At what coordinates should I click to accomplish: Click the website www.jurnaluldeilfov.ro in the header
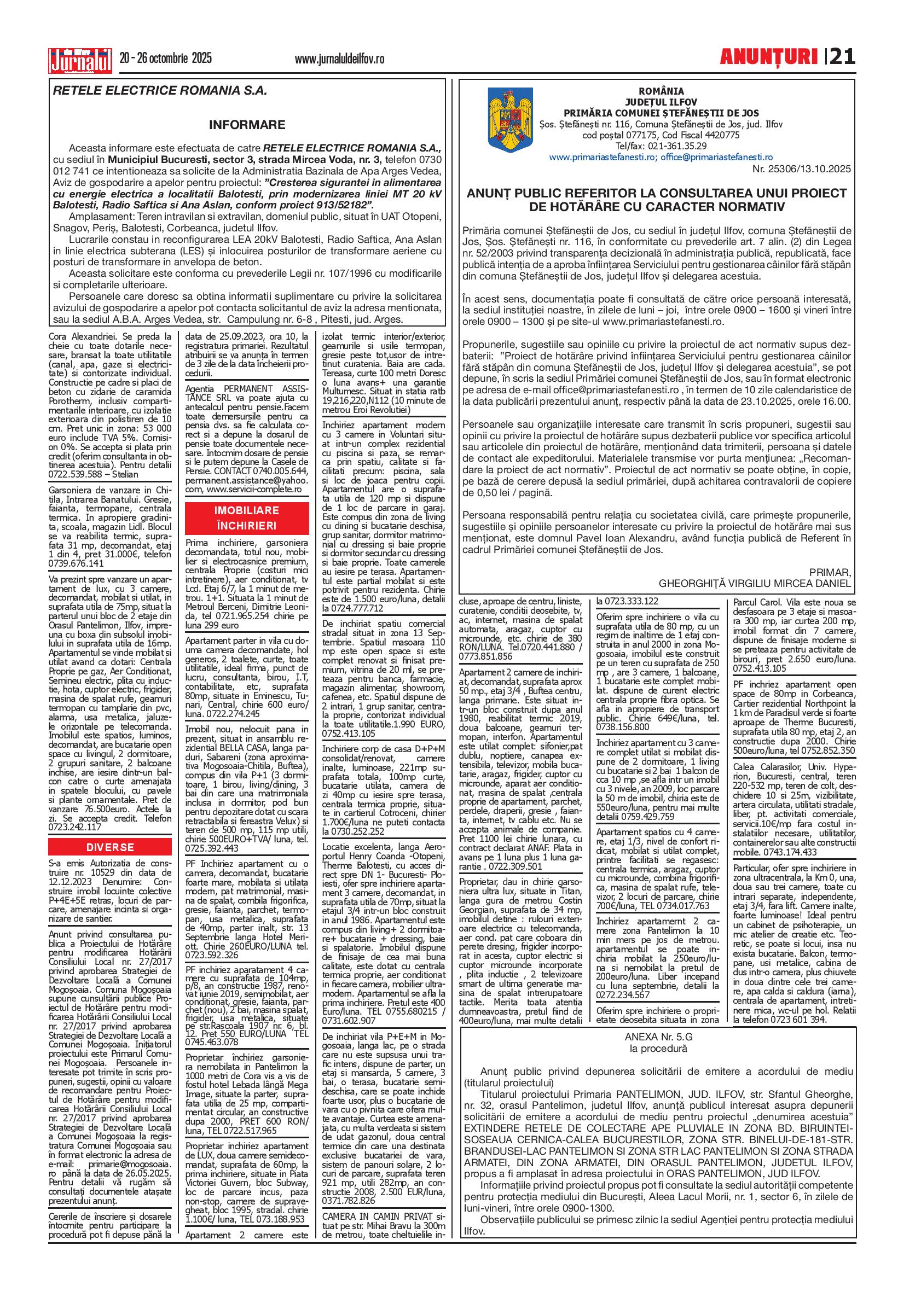(340, 59)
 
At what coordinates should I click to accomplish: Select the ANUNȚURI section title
(768, 57)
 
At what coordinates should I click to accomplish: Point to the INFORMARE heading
(247, 124)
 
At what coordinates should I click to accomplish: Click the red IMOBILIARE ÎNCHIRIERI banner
(247, 517)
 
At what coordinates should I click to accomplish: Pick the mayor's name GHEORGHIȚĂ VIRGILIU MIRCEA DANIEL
(755, 583)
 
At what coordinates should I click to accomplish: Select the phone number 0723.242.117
(76, 827)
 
